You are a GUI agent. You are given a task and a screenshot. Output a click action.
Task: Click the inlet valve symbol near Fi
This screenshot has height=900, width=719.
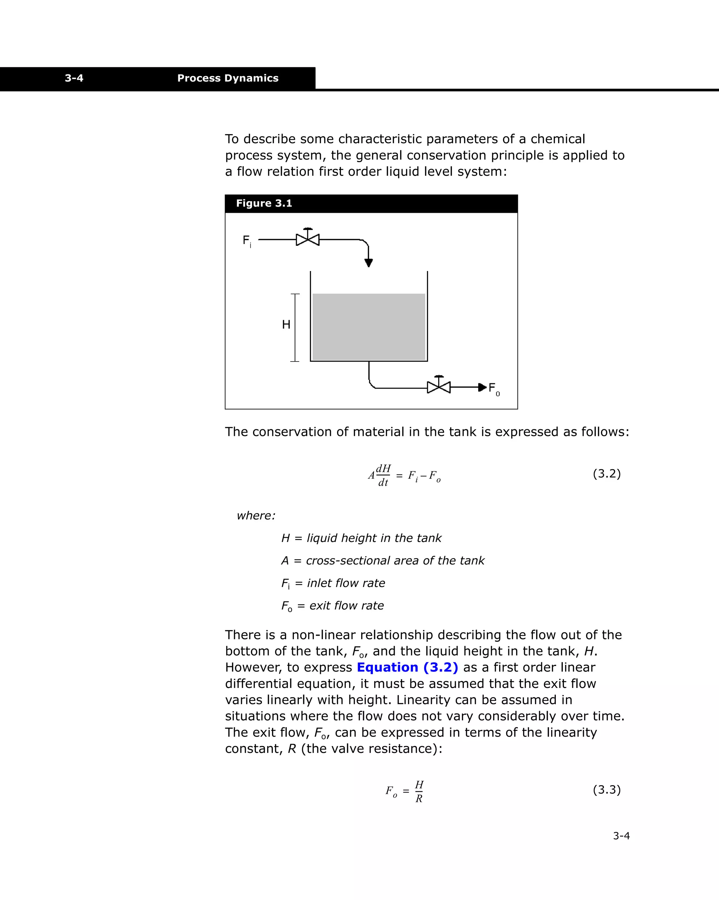tap(308, 239)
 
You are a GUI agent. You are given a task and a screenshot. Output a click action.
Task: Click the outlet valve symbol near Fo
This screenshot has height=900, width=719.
tap(439, 386)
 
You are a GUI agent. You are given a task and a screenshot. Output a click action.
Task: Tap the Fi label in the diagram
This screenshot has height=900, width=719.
tap(247, 241)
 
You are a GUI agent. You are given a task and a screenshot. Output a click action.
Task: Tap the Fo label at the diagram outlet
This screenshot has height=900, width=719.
tap(494, 389)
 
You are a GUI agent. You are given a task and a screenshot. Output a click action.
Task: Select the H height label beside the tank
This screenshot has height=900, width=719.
tap(286, 324)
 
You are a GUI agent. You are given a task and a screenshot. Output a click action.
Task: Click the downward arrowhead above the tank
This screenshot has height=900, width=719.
tap(368, 263)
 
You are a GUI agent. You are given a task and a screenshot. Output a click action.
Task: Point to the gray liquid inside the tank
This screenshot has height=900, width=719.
tap(369, 326)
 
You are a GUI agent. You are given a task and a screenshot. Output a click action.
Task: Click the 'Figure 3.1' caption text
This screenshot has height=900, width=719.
tap(264, 203)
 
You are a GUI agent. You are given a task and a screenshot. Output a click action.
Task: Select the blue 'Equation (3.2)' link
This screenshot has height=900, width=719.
tap(407, 667)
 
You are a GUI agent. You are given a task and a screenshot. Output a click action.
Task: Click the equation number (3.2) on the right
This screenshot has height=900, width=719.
tap(607, 474)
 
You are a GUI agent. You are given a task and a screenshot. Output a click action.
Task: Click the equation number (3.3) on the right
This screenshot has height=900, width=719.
tap(607, 789)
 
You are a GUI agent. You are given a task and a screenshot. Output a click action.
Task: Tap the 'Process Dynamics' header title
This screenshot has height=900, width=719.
tap(227, 78)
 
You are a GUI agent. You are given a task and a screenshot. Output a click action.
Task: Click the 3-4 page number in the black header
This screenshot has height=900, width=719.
tap(74, 78)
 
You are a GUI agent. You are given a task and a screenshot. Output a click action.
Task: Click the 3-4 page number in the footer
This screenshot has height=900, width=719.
tap(621, 836)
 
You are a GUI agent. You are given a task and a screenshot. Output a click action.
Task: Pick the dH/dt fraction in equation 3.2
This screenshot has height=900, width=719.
tap(383, 475)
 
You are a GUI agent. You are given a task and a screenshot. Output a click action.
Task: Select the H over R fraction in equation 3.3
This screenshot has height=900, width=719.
tap(419, 792)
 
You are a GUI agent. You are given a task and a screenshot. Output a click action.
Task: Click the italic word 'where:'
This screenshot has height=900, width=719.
tap(256, 516)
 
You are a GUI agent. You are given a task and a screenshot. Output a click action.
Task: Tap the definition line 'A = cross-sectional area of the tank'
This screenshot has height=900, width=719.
tap(382, 560)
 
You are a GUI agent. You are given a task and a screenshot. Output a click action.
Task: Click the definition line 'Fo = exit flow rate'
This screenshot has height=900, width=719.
tap(332, 606)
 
